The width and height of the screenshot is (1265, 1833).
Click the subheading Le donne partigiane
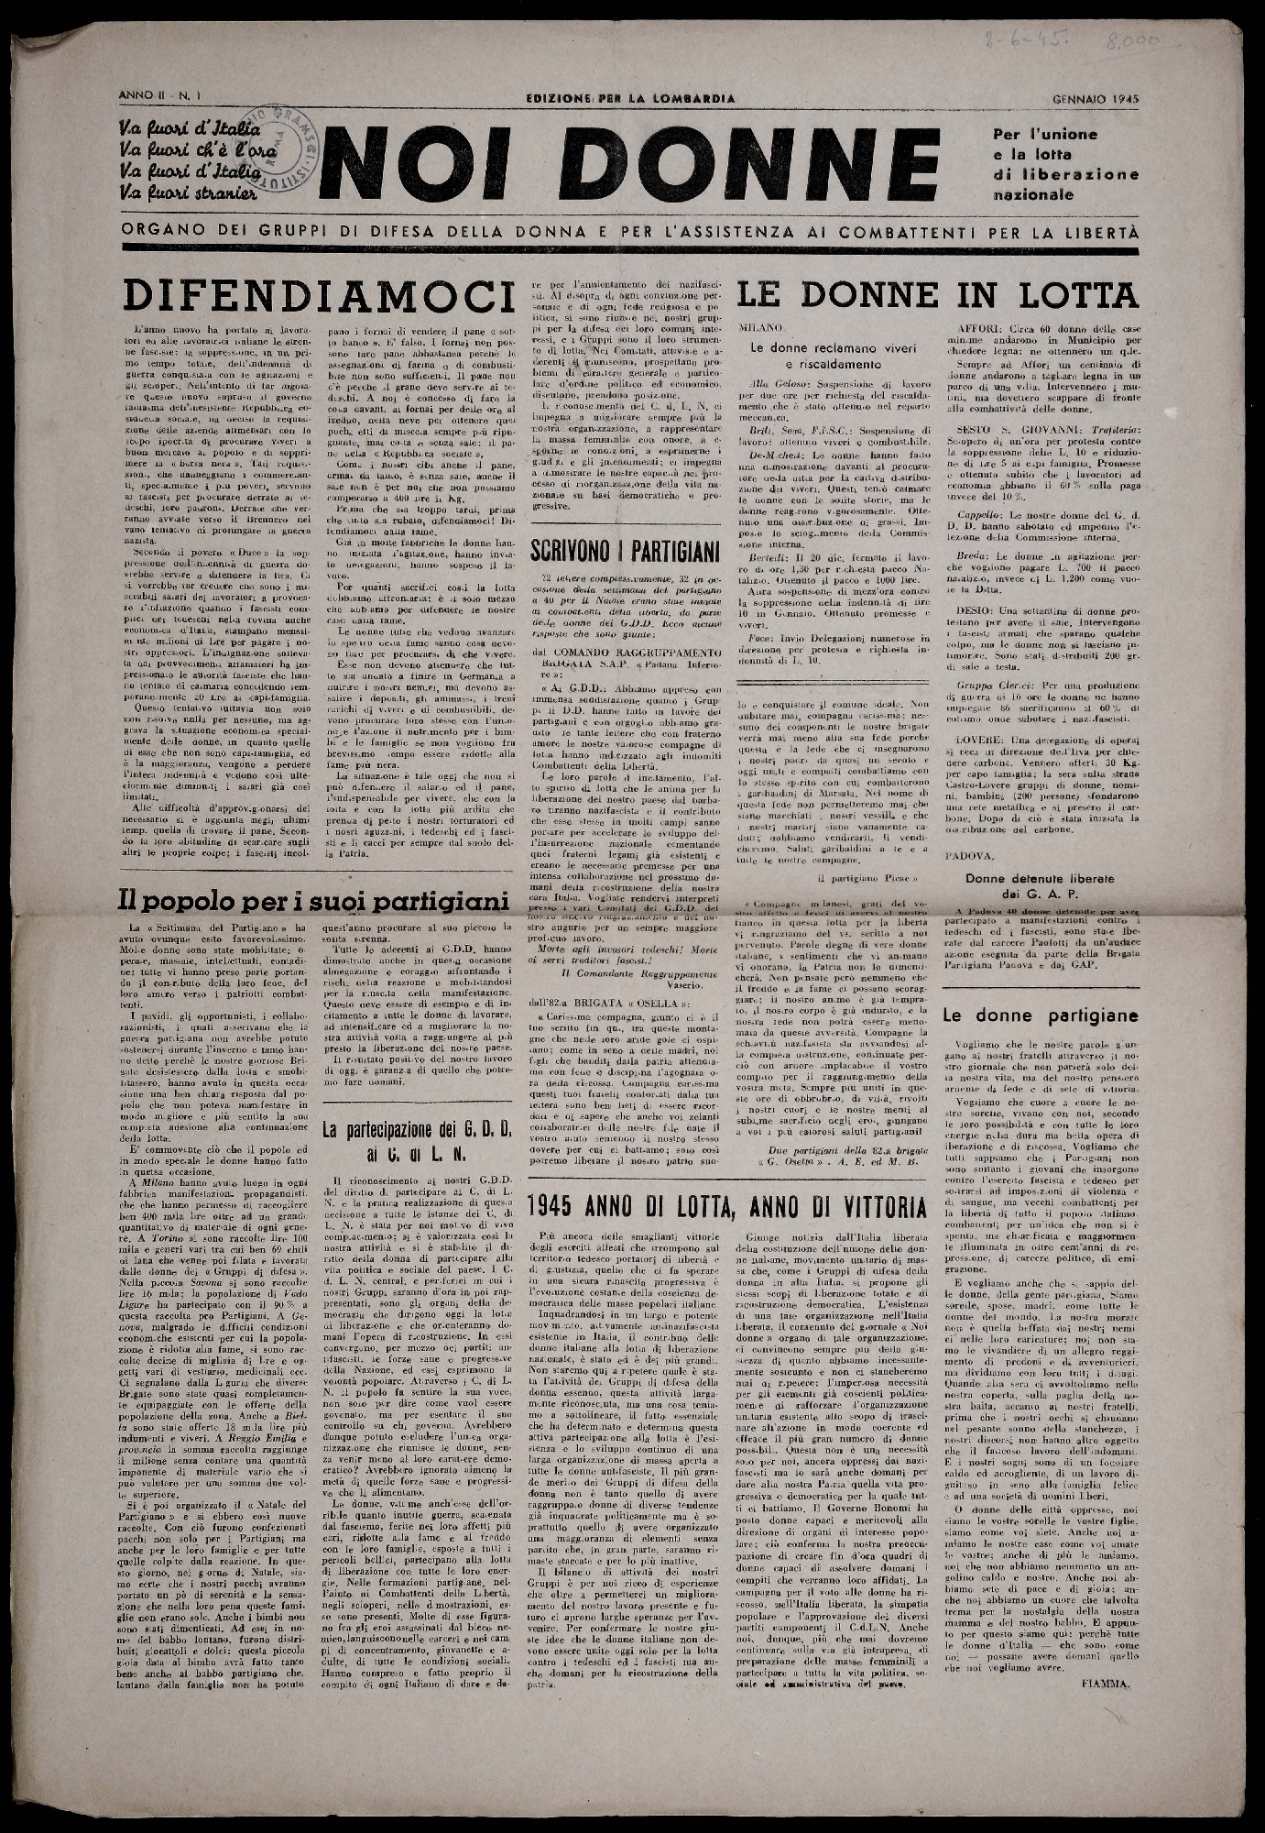tap(1040, 1015)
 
